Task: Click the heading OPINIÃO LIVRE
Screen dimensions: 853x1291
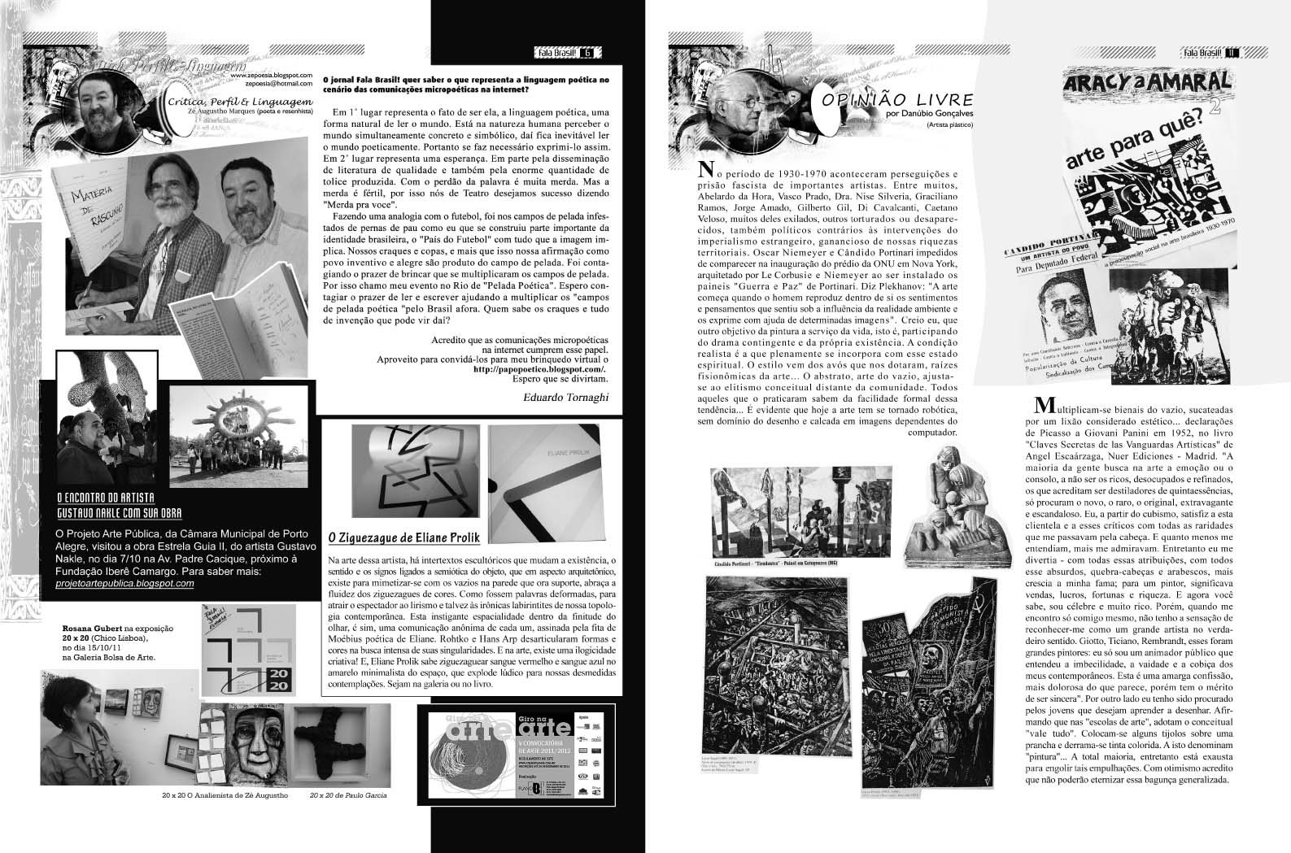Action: (897, 100)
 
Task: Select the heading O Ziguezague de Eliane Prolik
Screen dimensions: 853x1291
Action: (403, 537)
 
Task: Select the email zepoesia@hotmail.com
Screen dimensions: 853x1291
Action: (271, 83)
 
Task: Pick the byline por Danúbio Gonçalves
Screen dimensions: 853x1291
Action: (930, 115)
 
